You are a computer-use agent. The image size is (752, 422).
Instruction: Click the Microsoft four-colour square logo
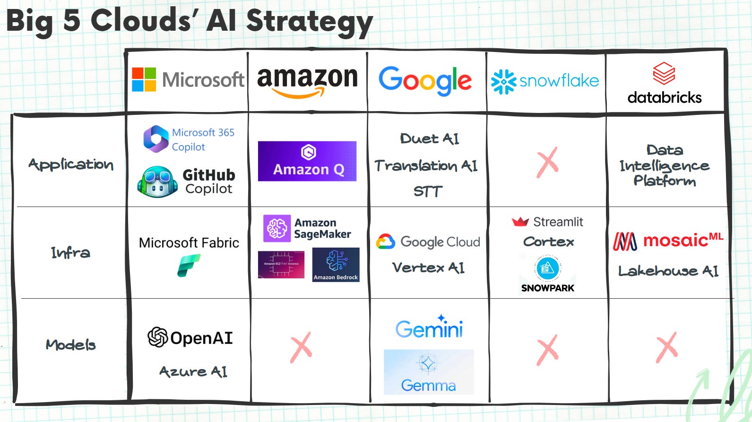pyautogui.click(x=144, y=79)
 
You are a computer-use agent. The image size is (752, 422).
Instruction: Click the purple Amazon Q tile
pyautogui.click(x=307, y=161)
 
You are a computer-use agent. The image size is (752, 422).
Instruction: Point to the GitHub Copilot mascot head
pyautogui.click(x=157, y=182)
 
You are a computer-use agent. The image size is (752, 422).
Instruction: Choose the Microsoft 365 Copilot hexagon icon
pyautogui.click(x=156, y=139)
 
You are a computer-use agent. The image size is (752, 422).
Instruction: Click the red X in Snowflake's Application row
pyautogui.click(x=547, y=162)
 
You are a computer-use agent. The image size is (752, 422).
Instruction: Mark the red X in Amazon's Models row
pyautogui.click(x=301, y=347)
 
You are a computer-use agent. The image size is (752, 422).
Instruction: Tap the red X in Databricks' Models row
pyautogui.click(x=666, y=347)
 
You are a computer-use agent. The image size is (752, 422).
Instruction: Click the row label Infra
pyautogui.click(x=70, y=253)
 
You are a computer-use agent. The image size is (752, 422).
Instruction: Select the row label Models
pyautogui.click(x=70, y=344)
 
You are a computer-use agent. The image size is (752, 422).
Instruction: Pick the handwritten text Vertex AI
pyautogui.click(x=428, y=268)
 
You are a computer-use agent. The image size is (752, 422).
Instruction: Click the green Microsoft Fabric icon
pyautogui.click(x=189, y=265)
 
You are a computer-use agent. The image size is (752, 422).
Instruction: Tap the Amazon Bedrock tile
pyautogui.click(x=336, y=265)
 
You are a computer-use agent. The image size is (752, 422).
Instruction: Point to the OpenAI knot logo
pyautogui.click(x=157, y=337)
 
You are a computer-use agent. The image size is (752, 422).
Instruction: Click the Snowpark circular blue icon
pyautogui.click(x=547, y=268)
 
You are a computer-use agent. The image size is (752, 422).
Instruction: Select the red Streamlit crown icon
pyautogui.click(x=520, y=222)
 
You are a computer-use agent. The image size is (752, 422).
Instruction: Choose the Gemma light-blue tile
pyautogui.click(x=428, y=372)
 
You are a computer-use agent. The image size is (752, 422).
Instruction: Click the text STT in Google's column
pyautogui.click(x=428, y=191)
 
